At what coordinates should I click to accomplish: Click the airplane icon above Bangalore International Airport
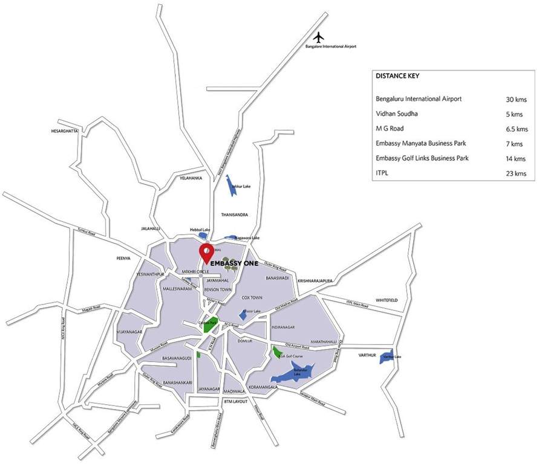tap(321, 37)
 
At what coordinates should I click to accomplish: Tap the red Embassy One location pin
tap(206, 253)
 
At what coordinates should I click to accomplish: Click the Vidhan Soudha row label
tap(397, 114)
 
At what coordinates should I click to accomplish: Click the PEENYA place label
tap(123, 259)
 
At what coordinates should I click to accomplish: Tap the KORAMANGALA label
tap(261, 387)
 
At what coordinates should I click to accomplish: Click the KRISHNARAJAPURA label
tap(316, 281)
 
